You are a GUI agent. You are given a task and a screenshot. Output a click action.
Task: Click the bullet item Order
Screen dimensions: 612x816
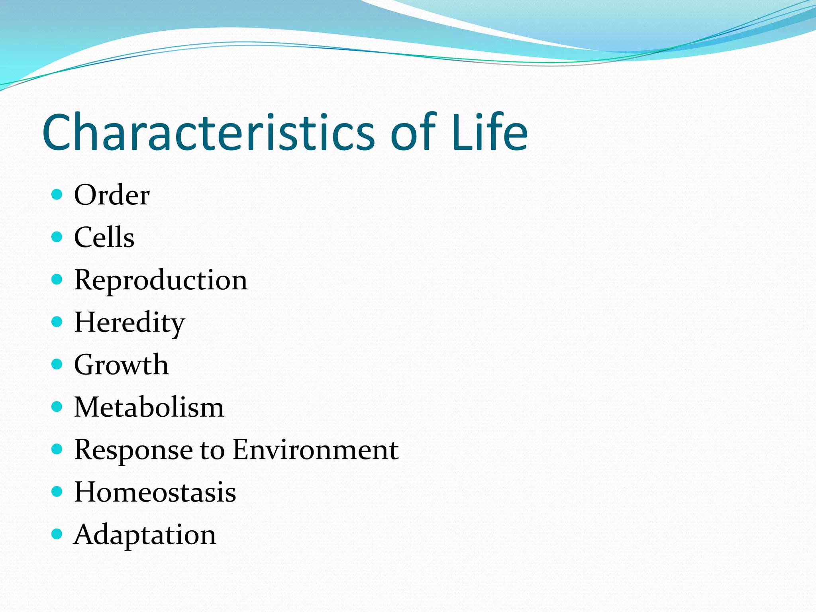coord(112,195)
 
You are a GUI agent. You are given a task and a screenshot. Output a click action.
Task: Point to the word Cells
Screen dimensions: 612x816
coord(104,237)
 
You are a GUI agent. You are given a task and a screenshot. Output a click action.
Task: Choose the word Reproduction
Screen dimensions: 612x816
coord(161,280)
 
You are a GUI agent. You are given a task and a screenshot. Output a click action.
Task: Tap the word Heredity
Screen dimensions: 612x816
coord(129,323)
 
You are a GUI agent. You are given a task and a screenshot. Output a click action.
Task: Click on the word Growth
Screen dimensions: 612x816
coord(122,365)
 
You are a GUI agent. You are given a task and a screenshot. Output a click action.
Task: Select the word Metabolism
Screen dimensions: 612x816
coord(149,408)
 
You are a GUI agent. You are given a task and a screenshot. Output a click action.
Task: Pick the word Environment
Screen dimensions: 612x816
coord(316,450)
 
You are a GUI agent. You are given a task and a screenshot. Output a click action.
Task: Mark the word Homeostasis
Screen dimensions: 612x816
coord(155,492)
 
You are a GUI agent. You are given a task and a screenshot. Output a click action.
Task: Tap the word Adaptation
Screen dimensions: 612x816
coord(145,535)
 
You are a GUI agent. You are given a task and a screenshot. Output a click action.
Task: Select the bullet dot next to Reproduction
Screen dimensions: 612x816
coord(57,279)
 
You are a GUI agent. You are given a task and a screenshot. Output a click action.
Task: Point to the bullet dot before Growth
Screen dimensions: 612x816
coord(57,364)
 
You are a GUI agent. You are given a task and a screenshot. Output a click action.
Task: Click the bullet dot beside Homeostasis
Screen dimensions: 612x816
coord(57,492)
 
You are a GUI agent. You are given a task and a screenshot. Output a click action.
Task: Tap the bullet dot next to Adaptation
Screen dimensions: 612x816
coord(57,534)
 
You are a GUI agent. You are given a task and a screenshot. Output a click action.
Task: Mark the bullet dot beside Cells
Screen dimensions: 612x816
coord(57,237)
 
